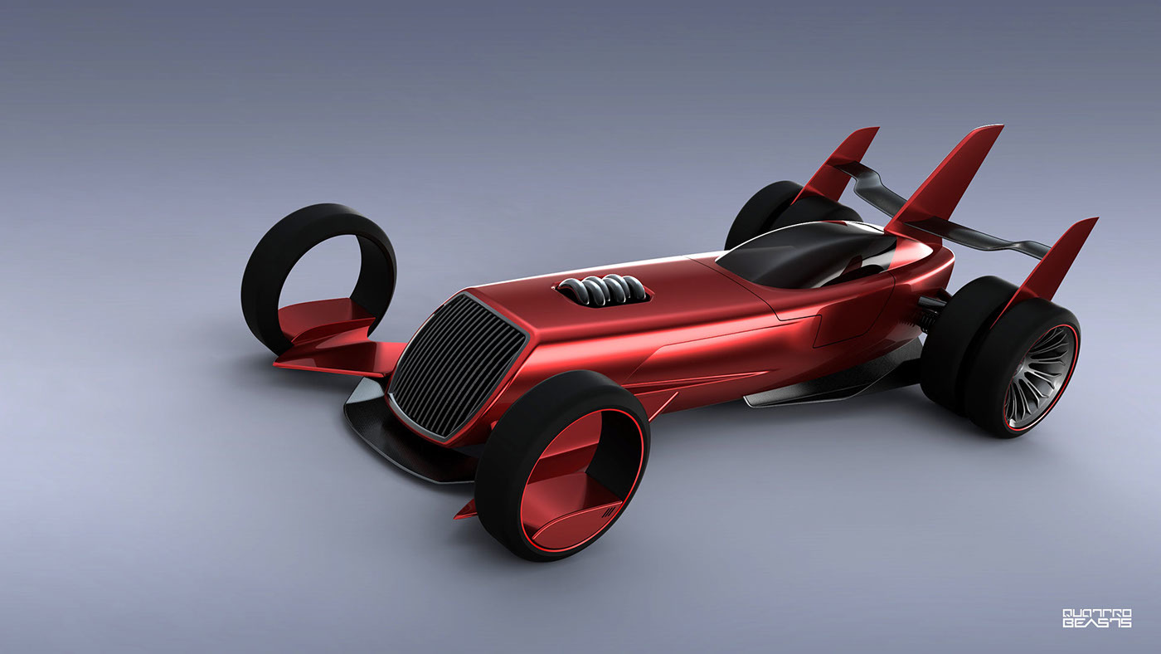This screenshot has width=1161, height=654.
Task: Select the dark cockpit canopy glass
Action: (x=796, y=253)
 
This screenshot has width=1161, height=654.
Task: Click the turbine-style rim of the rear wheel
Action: (x=1041, y=378)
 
